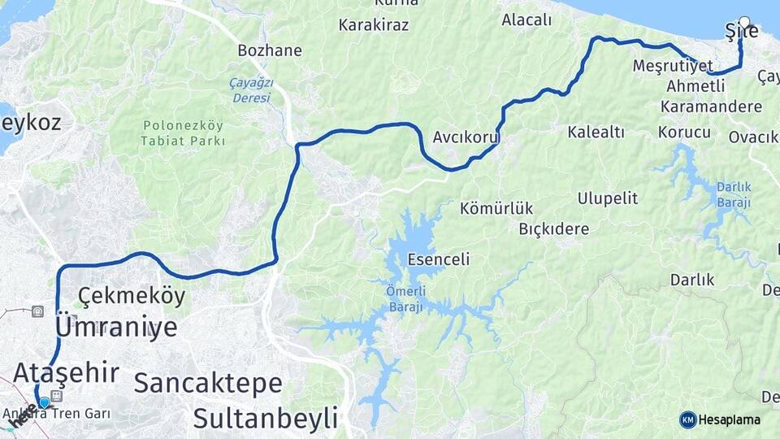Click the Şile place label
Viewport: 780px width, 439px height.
(x=741, y=32)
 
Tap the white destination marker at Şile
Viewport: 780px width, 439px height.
(x=744, y=22)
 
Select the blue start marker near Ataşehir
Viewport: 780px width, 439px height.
(x=44, y=402)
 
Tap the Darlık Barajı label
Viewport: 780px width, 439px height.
(x=733, y=194)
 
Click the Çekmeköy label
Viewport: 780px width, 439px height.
(x=132, y=296)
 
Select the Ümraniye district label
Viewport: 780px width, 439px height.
(x=116, y=328)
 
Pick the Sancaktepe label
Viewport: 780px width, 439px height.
(x=208, y=383)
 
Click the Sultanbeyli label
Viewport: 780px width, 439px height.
(x=265, y=419)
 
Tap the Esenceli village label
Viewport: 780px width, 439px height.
(x=439, y=260)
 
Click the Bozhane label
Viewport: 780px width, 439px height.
(x=270, y=50)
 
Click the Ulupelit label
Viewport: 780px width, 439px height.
(x=608, y=198)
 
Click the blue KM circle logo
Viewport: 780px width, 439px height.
(x=687, y=419)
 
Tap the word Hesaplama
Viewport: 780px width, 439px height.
(x=730, y=419)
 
